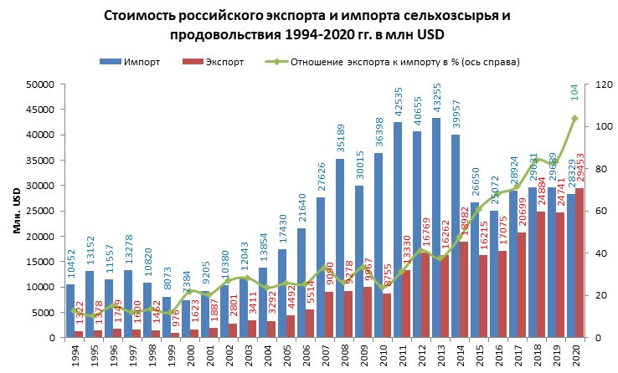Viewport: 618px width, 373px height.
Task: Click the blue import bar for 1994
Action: click(70, 310)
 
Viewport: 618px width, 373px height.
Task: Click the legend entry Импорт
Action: click(124, 63)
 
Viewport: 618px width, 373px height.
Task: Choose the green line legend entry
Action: click(394, 63)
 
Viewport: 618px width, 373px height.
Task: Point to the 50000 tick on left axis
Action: click(41, 84)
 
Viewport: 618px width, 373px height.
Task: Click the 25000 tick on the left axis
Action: click(41, 211)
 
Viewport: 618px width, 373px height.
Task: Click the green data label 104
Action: click(574, 93)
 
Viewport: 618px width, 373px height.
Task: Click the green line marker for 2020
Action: click(574, 118)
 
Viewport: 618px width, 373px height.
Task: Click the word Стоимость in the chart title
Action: click(142, 16)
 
